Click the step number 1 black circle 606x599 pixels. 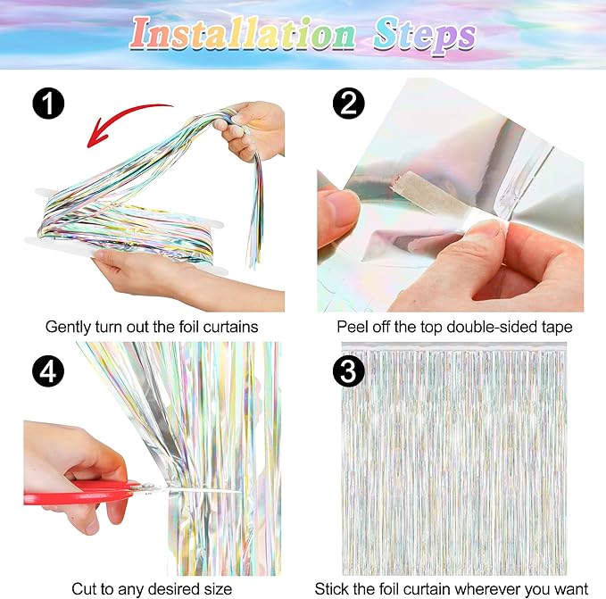point(48,104)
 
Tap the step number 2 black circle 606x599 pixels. point(349,104)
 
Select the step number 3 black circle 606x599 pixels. point(349,371)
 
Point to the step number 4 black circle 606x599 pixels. point(48,371)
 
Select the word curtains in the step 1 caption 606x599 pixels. point(231,327)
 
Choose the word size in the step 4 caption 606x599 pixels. point(218,589)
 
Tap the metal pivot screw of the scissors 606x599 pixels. point(147,487)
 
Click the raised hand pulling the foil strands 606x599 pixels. point(251,128)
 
